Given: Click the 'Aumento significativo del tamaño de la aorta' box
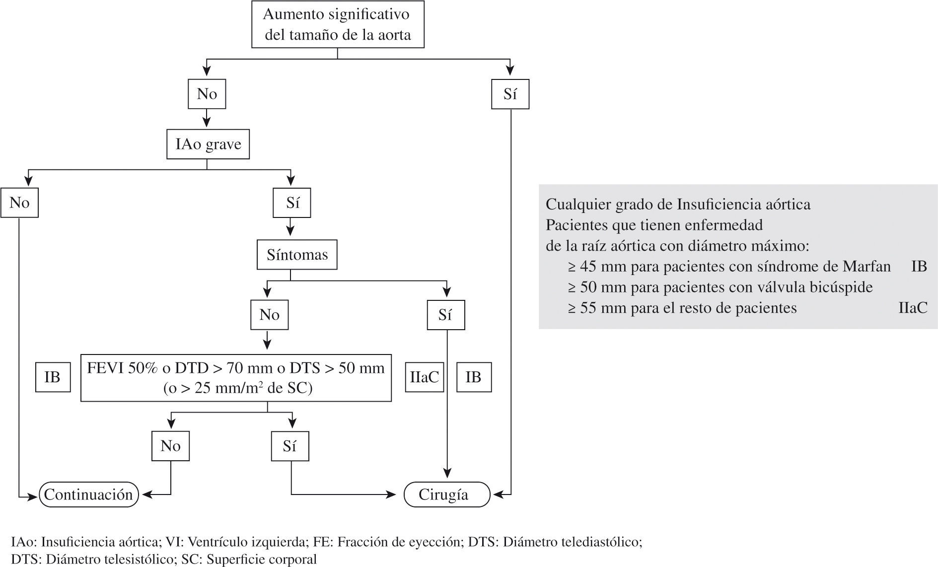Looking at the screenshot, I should coord(338,25).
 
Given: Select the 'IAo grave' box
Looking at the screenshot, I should coord(208,144).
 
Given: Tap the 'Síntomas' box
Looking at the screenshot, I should coord(297,255).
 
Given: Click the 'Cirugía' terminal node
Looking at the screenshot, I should coord(446,495).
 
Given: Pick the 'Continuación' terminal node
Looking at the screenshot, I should coord(88,495).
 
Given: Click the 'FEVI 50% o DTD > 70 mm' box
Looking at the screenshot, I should coord(236,377).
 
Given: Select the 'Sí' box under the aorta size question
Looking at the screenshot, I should coord(510,94).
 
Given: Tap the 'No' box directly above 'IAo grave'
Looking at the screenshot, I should coord(207,94).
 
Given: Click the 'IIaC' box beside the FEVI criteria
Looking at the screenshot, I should coord(424,377).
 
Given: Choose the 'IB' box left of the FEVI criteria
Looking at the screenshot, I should coord(53,377).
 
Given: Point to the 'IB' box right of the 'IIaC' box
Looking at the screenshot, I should coord(474,377).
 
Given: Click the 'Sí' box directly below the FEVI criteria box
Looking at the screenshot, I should coord(290,446).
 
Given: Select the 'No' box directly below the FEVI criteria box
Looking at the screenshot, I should coord(170,446).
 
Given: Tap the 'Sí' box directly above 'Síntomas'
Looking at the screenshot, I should coord(292,203).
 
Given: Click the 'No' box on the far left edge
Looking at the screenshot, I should coord(19,203).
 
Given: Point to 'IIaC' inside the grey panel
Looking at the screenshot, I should coord(913,308).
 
